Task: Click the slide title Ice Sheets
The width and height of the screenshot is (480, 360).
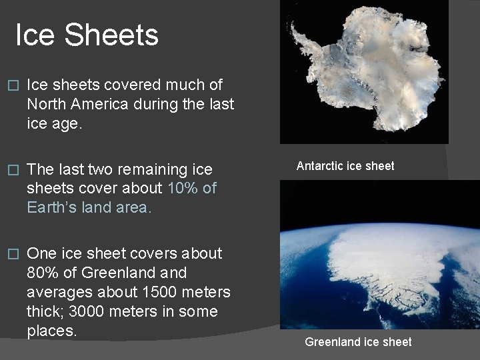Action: (87, 35)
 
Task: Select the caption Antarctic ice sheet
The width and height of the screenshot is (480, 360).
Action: (345, 166)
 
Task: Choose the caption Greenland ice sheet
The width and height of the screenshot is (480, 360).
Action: (358, 342)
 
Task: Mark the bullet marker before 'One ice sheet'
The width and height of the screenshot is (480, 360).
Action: (9, 254)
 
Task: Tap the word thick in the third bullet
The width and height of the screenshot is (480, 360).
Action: (44, 312)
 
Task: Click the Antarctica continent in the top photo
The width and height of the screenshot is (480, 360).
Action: (373, 67)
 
